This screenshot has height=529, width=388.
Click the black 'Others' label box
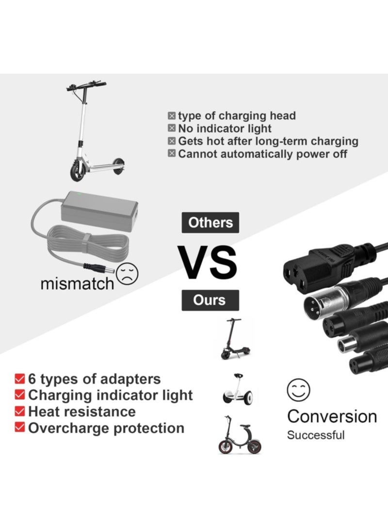pyautogui.click(x=210, y=223)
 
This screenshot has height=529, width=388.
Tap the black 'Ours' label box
pyautogui.click(x=210, y=300)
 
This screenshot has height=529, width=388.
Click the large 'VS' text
pyautogui.click(x=208, y=263)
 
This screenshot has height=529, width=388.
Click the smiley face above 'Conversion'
pyautogui.click(x=298, y=389)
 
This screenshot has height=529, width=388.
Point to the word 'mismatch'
pyautogui.click(x=77, y=284)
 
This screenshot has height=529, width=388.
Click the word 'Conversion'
pyautogui.click(x=332, y=417)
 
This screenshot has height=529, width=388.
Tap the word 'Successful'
pyautogui.click(x=316, y=435)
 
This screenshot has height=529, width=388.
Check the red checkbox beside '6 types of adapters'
pyautogui.click(x=20, y=378)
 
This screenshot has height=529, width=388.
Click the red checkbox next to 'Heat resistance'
pyautogui.click(x=20, y=411)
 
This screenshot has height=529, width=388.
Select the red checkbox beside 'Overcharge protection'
pyautogui.click(x=20, y=427)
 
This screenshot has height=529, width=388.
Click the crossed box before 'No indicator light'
pyautogui.click(x=172, y=128)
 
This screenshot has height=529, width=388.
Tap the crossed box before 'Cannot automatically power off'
pyautogui.click(x=172, y=154)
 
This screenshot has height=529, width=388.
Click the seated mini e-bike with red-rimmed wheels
pyautogui.click(x=240, y=435)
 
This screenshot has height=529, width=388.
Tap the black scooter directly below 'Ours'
pyautogui.click(x=236, y=339)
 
